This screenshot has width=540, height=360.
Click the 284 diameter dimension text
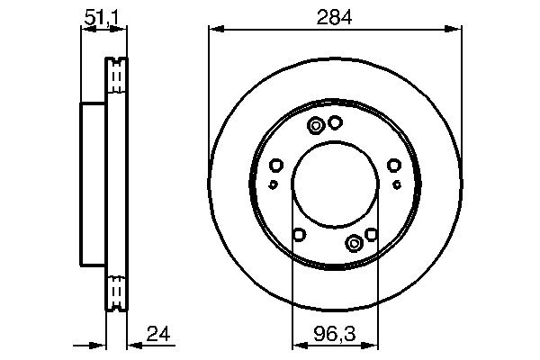click(336, 15)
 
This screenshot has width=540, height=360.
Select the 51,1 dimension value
click(102, 15)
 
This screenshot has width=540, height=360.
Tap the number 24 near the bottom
click(159, 335)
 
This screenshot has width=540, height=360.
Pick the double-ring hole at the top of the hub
click(317, 125)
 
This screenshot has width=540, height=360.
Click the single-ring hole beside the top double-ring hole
click(335, 122)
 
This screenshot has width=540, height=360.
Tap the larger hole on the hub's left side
click(276, 165)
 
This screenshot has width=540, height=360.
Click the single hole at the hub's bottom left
click(299, 236)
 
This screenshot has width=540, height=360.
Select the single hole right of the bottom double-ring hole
click(372, 236)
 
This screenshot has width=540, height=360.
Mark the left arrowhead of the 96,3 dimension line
click(294, 345)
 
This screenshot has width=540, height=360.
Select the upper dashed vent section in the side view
click(115, 76)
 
